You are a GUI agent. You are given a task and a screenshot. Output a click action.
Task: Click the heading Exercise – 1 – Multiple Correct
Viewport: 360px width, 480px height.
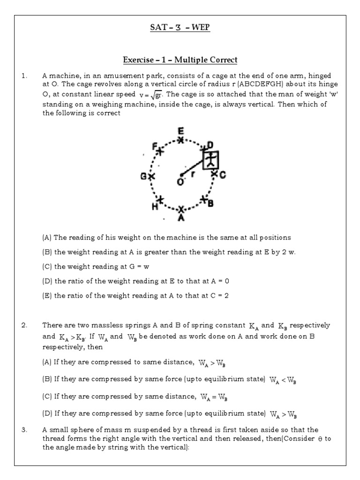[x=180, y=60]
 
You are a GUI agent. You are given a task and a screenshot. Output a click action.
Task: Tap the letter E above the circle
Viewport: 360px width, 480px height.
[x=180, y=131]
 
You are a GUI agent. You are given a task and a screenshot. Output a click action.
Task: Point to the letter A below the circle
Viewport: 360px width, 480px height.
[x=181, y=218]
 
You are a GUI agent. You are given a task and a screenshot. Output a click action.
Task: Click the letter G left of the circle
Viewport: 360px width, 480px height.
[x=143, y=176]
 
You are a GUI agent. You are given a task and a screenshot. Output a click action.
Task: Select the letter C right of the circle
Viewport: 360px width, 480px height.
[x=223, y=174]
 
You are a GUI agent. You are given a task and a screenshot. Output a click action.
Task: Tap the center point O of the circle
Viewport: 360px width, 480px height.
[x=181, y=175]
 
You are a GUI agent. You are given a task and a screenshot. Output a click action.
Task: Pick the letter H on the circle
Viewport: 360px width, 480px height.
[x=154, y=206]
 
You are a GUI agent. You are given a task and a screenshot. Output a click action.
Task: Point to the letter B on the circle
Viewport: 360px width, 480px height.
[x=211, y=203]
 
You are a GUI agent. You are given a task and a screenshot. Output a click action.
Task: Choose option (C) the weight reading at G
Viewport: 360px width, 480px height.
[x=102, y=266]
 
